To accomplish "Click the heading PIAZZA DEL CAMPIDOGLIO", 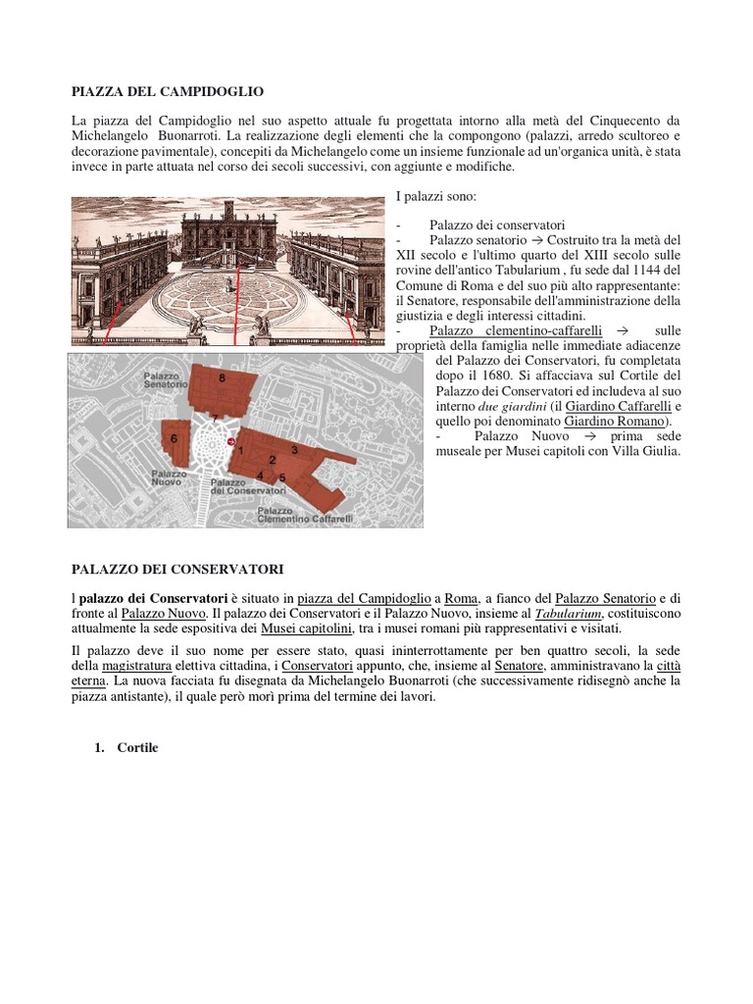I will coord(168,91).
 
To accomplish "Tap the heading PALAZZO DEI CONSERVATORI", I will coord(177,569).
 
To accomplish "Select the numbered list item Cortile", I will coord(136,748).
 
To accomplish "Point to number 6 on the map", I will coord(174,440).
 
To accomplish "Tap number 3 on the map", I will coord(294,447).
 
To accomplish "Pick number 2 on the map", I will coord(272,459).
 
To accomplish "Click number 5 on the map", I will coord(282,477).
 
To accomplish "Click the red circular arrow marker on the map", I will coord(231,443).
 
